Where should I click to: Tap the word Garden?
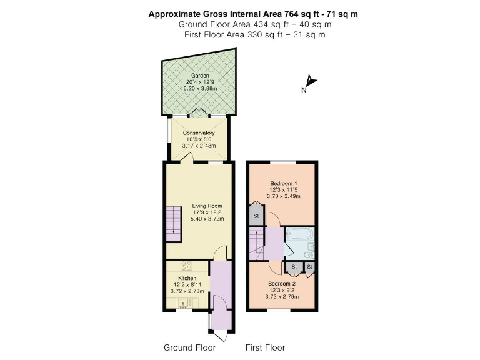click(x=200, y=76)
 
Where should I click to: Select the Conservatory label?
click(x=199, y=133)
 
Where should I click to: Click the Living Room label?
click(x=206, y=206)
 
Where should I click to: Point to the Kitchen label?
click(x=187, y=278)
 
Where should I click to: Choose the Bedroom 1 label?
click(x=284, y=183)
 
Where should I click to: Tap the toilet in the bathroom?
click(x=309, y=254)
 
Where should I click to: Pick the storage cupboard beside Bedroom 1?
click(x=256, y=216)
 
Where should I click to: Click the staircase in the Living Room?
click(x=172, y=226)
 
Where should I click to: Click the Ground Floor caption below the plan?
click(x=189, y=347)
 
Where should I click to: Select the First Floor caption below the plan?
click(x=264, y=347)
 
